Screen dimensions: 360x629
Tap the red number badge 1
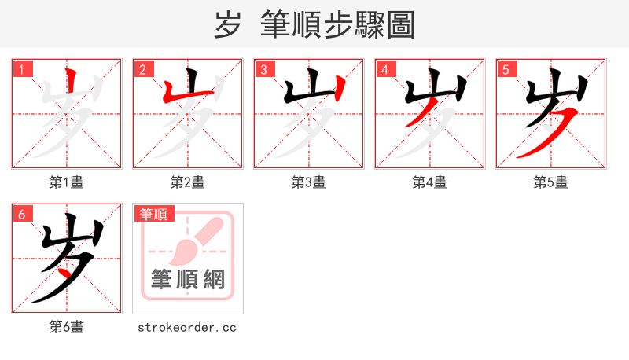(x=21, y=69)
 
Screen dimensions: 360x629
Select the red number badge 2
(x=142, y=69)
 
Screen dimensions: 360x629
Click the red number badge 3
(x=263, y=69)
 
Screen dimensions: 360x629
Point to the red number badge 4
(x=384, y=69)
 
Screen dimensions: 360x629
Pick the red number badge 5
(x=506, y=69)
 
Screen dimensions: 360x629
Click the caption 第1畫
(x=67, y=182)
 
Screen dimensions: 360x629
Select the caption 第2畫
(x=188, y=182)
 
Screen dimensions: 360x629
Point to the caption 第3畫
(x=309, y=182)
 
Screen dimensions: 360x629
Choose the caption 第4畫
(x=430, y=182)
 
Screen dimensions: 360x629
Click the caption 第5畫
(x=551, y=182)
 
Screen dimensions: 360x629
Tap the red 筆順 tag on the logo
(x=155, y=214)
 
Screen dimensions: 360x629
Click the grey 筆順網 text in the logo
(x=188, y=279)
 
